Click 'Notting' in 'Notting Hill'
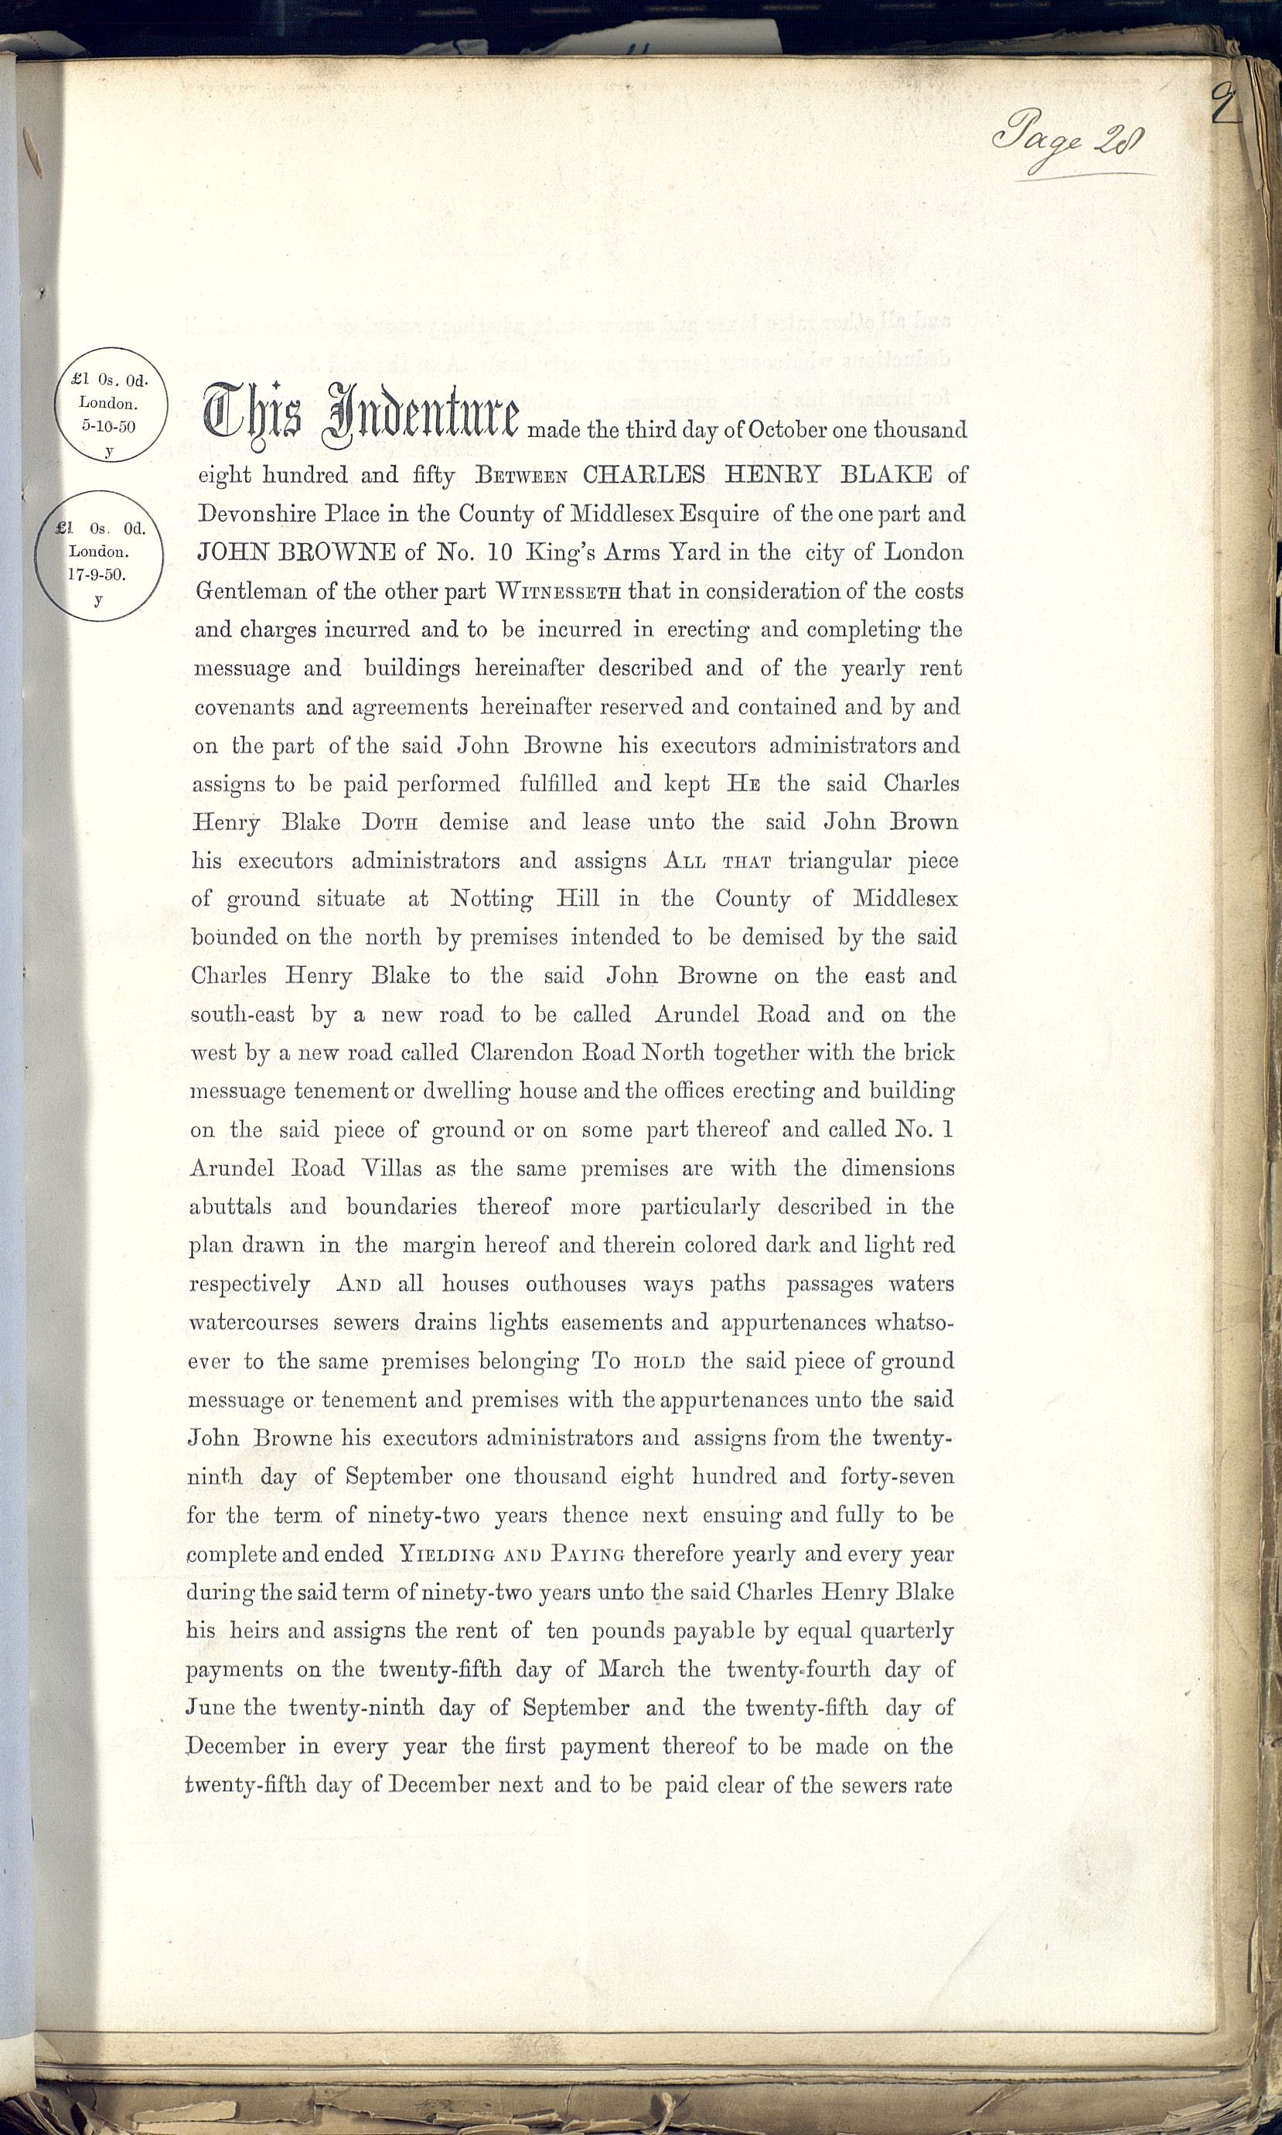tap(492, 900)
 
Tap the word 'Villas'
tap(390, 1169)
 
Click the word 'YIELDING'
tap(446, 1554)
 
